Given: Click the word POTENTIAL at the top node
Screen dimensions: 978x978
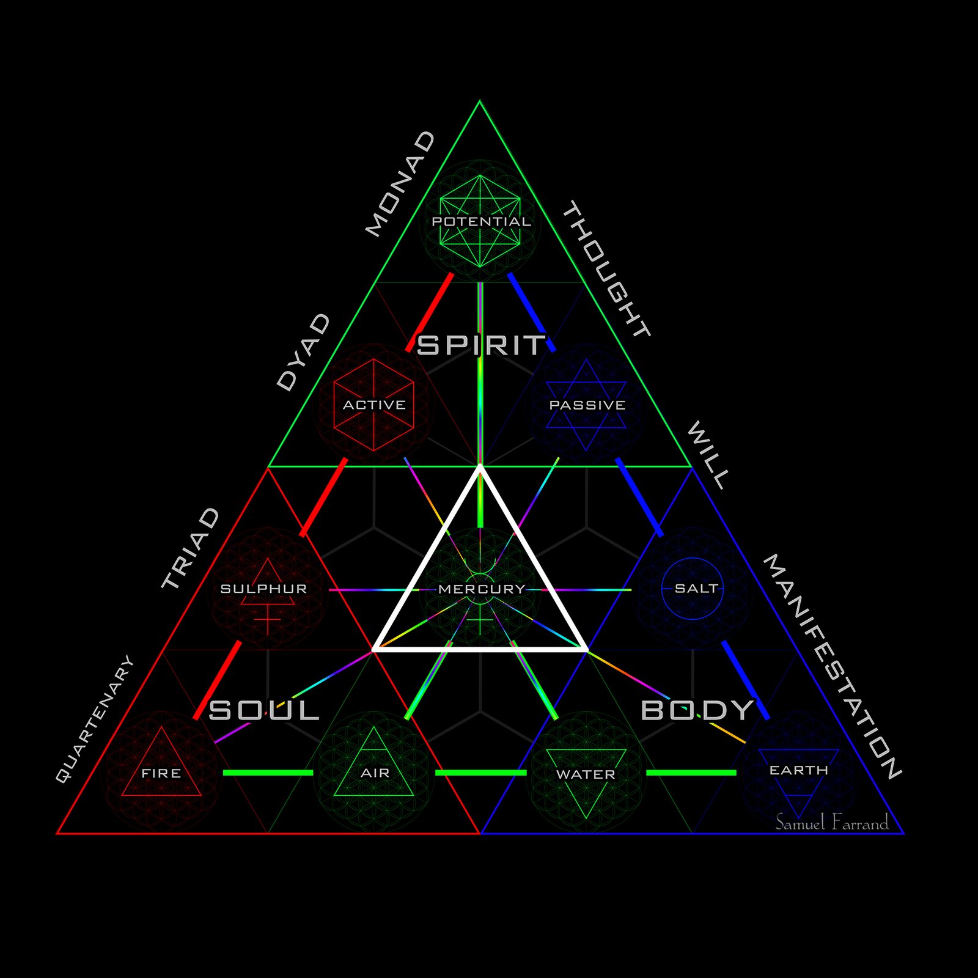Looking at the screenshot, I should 481,221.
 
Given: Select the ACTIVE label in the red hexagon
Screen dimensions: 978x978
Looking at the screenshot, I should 374,405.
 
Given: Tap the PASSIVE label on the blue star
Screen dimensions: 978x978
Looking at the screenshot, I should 587,405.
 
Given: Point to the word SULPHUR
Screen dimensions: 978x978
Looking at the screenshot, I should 263,589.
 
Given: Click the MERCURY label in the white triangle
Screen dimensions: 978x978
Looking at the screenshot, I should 482,589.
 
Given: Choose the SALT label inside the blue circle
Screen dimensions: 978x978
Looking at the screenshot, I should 696,588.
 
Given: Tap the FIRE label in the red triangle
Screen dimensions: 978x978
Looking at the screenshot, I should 161,773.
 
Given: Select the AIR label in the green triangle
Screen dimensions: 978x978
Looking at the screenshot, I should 375,773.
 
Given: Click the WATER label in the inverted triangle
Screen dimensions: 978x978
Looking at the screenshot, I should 586,774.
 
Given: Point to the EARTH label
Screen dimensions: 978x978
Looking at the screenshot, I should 798,770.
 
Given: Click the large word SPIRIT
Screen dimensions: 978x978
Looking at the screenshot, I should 480,345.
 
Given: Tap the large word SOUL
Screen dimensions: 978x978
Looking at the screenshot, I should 264,710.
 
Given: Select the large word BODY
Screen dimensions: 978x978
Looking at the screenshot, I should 697,710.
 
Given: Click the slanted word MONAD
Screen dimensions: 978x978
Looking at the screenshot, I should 400,183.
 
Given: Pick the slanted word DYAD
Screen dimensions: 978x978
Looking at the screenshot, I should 303,352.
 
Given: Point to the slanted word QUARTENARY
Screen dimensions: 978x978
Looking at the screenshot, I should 94,719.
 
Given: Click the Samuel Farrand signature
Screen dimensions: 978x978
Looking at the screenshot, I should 831,823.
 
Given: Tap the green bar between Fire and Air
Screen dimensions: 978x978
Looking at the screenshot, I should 268,773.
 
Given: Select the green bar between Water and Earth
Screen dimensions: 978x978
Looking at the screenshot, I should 691,773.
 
